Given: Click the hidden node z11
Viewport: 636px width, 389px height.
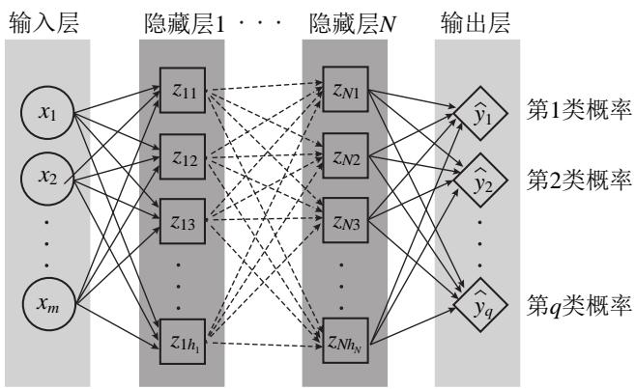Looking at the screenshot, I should click(x=183, y=92).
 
